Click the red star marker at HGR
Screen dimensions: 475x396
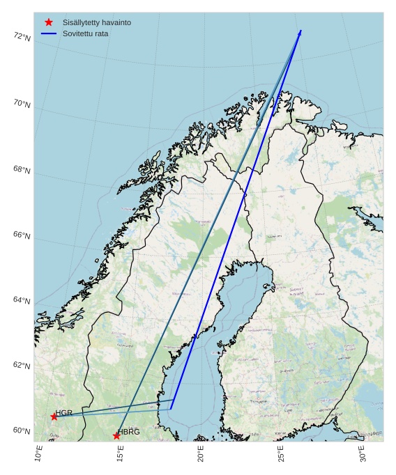[x=54, y=416]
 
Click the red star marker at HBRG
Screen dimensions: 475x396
[x=116, y=435]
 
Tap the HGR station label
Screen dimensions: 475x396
[x=64, y=413]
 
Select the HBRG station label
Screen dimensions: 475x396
[x=129, y=432]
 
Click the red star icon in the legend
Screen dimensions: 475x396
[x=48, y=22]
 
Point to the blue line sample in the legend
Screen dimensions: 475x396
[x=48, y=33]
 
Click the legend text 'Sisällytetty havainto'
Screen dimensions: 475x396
[x=96, y=22]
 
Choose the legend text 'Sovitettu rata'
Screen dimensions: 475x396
[x=85, y=33]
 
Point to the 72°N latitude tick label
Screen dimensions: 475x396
[x=22, y=37]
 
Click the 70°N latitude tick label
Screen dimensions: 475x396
[x=22, y=104]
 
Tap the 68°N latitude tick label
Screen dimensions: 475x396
[x=22, y=170]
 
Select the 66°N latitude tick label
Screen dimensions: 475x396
[x=22, y=235]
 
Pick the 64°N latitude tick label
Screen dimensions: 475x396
[x=22, y=301]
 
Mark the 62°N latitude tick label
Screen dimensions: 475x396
[x=22, y=366]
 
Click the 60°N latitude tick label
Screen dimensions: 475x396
[x=22, y=430]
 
